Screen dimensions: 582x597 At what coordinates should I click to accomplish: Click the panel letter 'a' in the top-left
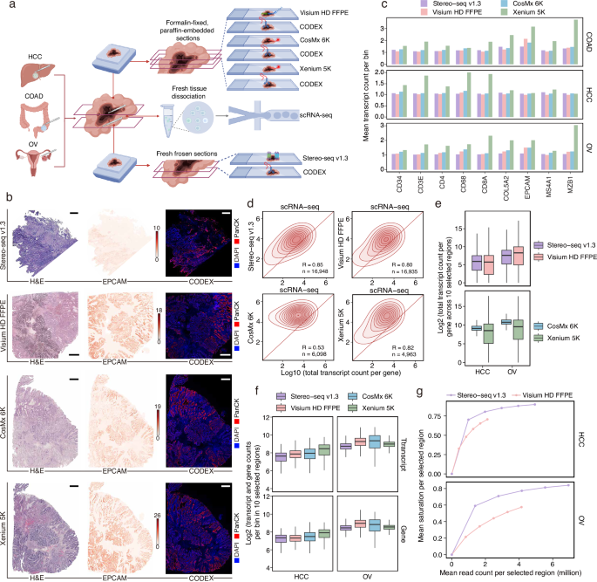pyautogui.click(x=6, y=7)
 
